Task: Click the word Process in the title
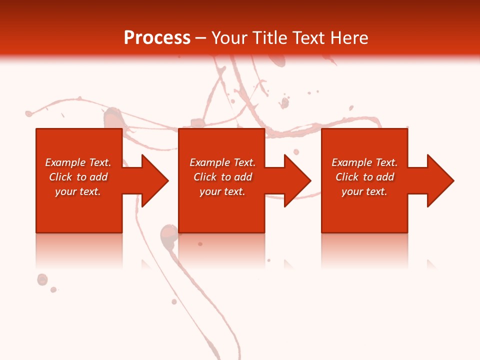(157, 37)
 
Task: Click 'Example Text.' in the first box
(78, 162)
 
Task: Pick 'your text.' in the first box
(78, 191)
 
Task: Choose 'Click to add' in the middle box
(222, 177)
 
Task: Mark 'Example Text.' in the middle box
(222, 162)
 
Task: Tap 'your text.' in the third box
(364, 191)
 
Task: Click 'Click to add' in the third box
(364, 177)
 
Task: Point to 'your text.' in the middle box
(222, 191)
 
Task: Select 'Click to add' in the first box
(78, 177)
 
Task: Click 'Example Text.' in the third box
(364, 162)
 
